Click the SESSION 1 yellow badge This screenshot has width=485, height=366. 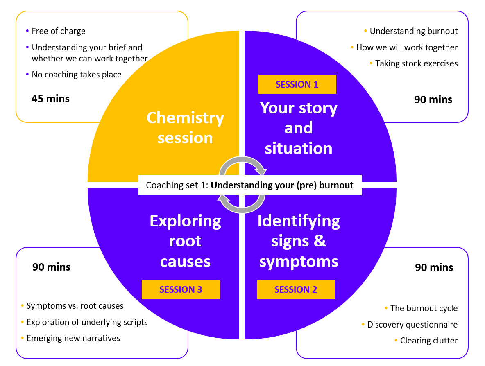[297, 84]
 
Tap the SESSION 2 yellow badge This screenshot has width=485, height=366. [296, 289]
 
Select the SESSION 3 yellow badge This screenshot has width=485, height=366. [181, 289]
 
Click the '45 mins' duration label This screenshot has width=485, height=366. [50, 99]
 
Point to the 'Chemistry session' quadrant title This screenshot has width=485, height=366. [185, 127]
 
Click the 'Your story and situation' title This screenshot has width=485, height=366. [299, 128]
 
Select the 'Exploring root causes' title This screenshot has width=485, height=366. [185, 241]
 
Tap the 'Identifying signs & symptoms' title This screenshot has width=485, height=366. [299, 241]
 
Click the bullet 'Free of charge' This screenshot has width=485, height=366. [59, 31]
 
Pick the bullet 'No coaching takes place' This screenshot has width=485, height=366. [77, 75]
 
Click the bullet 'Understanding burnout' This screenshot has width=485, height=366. [414, 31]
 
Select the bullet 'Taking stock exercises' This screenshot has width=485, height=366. [416, 63]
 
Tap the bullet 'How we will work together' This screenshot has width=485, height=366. [407, 47]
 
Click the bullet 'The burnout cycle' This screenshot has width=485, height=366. [424, 308]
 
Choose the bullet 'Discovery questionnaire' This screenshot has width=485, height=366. [412, 325]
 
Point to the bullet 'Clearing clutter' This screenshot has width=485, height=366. [429, 341]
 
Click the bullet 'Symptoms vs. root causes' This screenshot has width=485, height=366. [75, 306]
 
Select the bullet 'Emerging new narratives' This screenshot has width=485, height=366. [73, 338]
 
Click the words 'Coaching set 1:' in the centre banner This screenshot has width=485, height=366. [177, 185]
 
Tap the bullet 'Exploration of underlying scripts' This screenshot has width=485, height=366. [87, 322]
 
